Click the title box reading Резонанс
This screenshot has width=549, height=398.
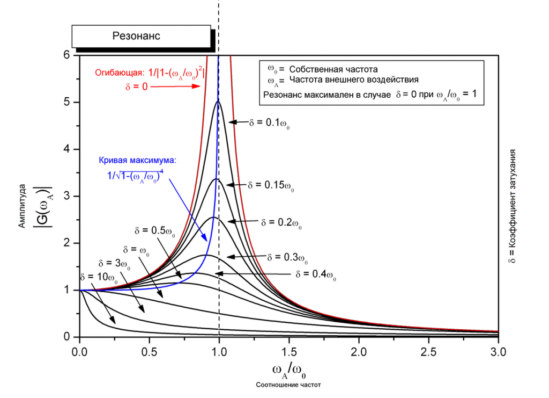[x=140, y=37]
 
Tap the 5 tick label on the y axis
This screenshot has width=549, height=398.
[x=66, y=102]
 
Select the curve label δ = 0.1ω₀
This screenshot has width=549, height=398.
[x=269, y=123]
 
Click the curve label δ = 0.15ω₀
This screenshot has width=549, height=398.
[x=271, y=185]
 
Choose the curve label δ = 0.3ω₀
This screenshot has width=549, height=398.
[x=287, y=257]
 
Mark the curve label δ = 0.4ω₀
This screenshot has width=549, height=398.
[x=316, y=274]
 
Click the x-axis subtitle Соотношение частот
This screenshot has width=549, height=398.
[x=290, y=385]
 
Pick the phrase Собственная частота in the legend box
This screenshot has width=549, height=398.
[x=333, y=69]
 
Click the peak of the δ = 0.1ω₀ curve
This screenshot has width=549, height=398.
[x=218, y=102]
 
